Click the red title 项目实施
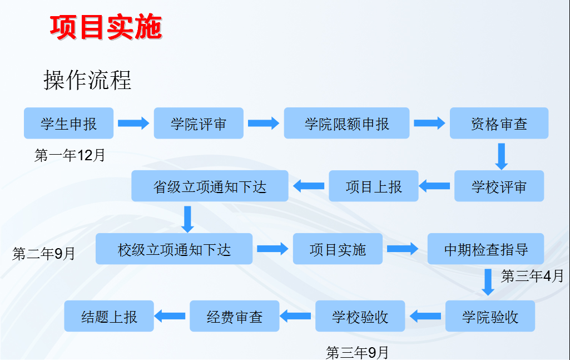pos(106,27)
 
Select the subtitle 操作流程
pos(87,80)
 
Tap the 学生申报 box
pos(69,123)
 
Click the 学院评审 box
pos(199,123)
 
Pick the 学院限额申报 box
pos(346,123)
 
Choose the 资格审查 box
pos(499,123)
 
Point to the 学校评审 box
pos(499,186)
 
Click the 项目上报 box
pos(374,186)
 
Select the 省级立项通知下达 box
pos(210,186)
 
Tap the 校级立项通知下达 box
pos(174,249)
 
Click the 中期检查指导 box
pos(485,249)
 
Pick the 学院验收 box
pos(490,316)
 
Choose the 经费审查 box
pos(235,316)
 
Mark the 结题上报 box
pos(109,316)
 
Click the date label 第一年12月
pos(70,155)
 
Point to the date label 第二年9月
pos(43,254)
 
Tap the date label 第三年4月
pos(532,276)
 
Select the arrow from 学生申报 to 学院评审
pos(133,124)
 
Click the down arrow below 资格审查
pos(501,156)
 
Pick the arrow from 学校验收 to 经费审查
pos(295,316)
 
